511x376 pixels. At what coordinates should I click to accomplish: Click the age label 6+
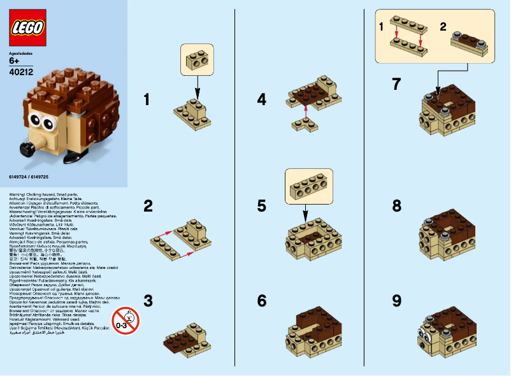(x=15, y=62)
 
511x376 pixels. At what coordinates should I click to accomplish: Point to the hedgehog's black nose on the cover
(x=26, y=149)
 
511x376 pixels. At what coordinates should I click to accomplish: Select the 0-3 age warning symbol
(x=125, y=320)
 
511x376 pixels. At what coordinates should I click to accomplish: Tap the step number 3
(x=148, y=300)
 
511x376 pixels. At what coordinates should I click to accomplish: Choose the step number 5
(x=262, y=206)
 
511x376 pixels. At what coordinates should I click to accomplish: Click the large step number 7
(x=396, y=83)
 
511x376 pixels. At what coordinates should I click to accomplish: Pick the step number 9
(x=396, y=300)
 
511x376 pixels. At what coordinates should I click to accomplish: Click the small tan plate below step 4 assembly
(x=305, y=124)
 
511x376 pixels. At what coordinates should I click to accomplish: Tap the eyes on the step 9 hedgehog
(x=424, y=333)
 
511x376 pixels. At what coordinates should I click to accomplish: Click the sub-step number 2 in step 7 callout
(x=443, y=27)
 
